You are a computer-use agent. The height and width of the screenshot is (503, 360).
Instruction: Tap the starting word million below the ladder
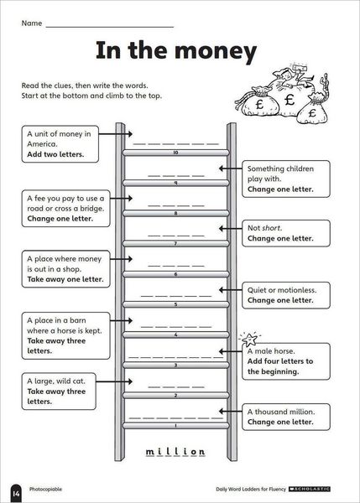click(175, 451)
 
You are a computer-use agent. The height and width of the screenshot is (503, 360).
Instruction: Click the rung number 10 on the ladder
click(175, 153)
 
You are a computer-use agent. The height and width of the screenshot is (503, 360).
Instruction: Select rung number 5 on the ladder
click(175, 304)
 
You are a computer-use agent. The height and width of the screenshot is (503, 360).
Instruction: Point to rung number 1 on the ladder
click(175, 426)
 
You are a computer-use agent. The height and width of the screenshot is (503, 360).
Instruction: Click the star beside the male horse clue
click(250, 339)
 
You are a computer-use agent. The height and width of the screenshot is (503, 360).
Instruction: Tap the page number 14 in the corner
click(16, 493)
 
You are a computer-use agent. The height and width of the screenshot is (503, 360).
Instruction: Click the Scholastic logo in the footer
click(310, 490)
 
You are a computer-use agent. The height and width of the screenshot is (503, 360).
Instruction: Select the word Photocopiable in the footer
click(45, 490)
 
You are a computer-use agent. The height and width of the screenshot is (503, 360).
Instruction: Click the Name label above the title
click(32, 23)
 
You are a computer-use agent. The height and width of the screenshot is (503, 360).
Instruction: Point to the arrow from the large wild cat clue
click(114, 381)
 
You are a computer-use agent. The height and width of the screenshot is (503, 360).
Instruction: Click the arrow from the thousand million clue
click(230, 412)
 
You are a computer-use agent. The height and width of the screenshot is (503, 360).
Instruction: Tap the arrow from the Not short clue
click(230, 228)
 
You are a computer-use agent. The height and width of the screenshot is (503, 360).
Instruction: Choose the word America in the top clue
click(42, 143)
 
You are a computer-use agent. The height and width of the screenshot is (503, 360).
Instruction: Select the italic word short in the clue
click(272, 228)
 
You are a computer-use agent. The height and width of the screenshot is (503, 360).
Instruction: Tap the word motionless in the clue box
click(297, 290)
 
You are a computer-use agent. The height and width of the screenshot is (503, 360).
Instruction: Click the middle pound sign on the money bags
click(290, 100)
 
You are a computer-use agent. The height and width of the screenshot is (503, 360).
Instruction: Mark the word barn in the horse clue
click(78, 320)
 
